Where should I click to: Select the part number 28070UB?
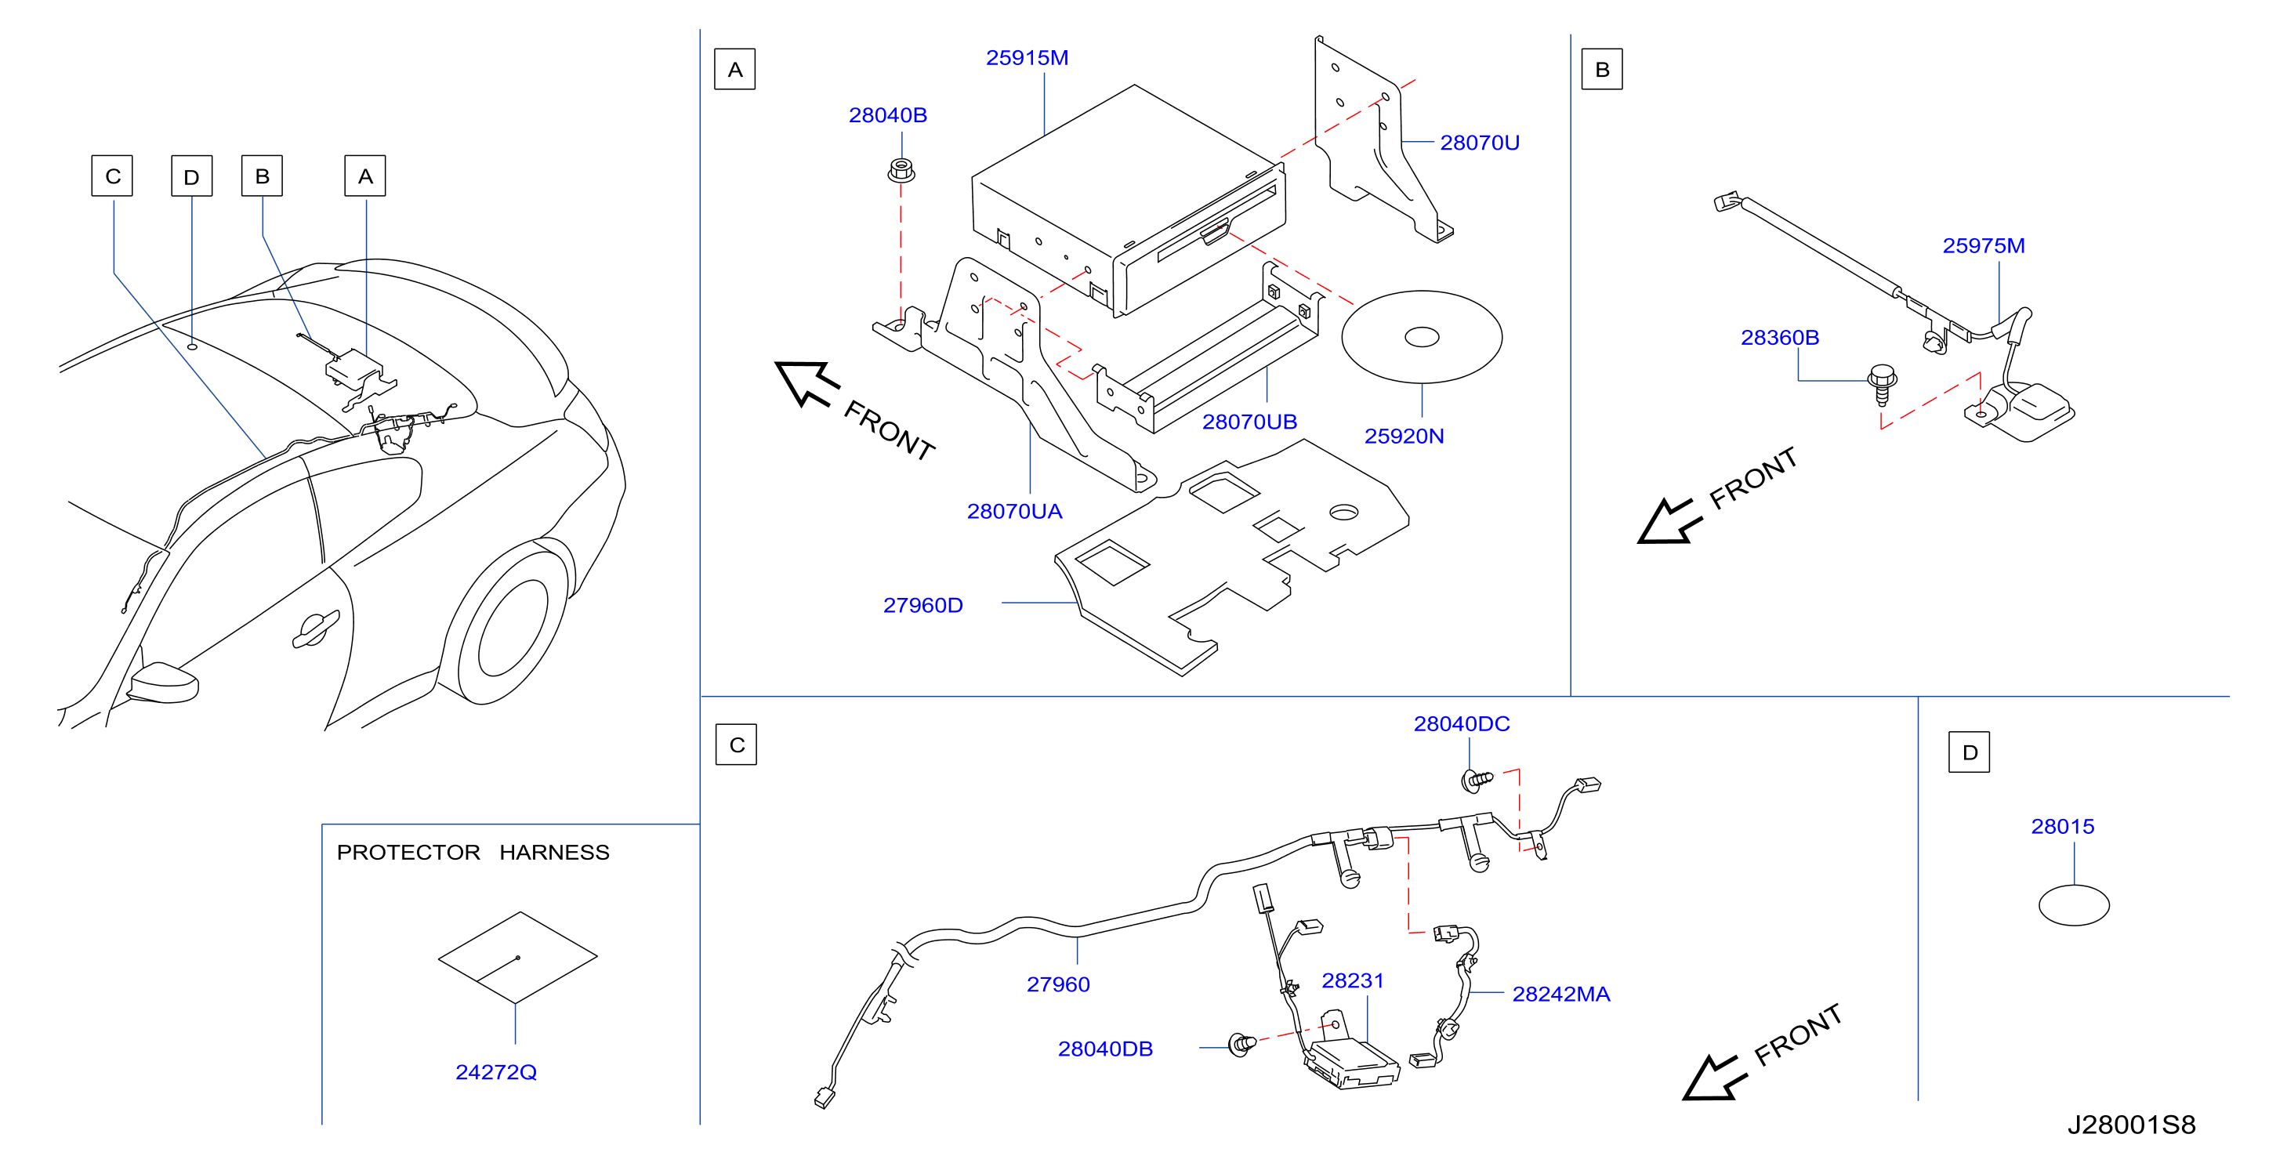pos(1249,422)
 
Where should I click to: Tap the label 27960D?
pos(922,606)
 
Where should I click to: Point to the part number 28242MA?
pos(1560,995)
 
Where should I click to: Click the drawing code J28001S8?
pos(2131,1125)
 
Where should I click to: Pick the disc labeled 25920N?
pos(1422,337)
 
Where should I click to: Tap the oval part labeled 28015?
pos(2074,905)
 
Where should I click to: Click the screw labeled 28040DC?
pos(1477,780)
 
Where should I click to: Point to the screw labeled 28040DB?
pos(1241,1044)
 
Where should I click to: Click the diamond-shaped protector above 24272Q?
pos(517,957)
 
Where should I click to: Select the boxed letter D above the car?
pos(192,176)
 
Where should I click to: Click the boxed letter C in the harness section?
pos(736,744)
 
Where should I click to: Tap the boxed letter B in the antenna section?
pos(1602,69)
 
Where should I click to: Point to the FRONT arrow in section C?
pos(1713,1078)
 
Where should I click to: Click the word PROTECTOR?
pos(408,853)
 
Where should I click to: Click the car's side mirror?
pos(162,683)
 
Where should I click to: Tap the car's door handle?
pos(315,629)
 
